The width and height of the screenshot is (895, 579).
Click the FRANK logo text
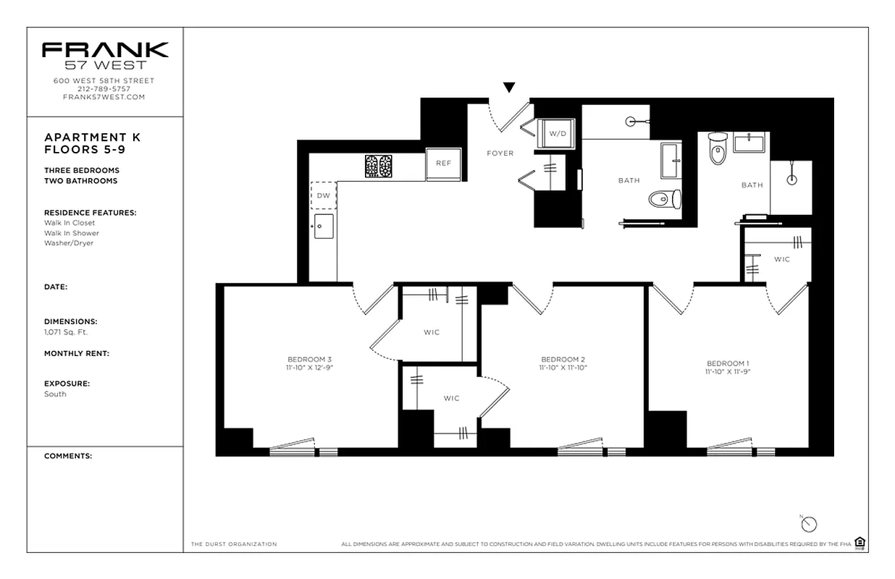coord(105,50)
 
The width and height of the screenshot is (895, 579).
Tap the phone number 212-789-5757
coord(104,89)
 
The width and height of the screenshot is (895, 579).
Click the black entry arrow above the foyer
coord(509,88)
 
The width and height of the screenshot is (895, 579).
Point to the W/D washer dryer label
coord(556,134)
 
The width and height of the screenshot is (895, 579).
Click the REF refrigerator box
coord(443,164)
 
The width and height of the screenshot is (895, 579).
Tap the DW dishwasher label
coord(323,195)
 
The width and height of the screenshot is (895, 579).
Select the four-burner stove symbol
coord(378,166)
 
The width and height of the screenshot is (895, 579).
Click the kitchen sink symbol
coord(323,226)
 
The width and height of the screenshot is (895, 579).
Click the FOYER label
coord(500,153)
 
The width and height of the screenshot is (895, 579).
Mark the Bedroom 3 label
coord(309,360)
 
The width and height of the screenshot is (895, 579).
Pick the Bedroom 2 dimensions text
coord(563,368)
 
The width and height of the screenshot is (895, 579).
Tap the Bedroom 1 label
coord(728,363)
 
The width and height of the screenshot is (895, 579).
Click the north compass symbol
coord(809,524)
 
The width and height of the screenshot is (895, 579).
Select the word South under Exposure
coord(55,394)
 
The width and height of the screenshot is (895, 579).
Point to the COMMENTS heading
coord(68,457)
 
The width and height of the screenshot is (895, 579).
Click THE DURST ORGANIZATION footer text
coord(234,544)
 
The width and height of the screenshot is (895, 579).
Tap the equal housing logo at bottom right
coord(860,543)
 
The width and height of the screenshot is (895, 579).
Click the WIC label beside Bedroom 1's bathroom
coord(781,259)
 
